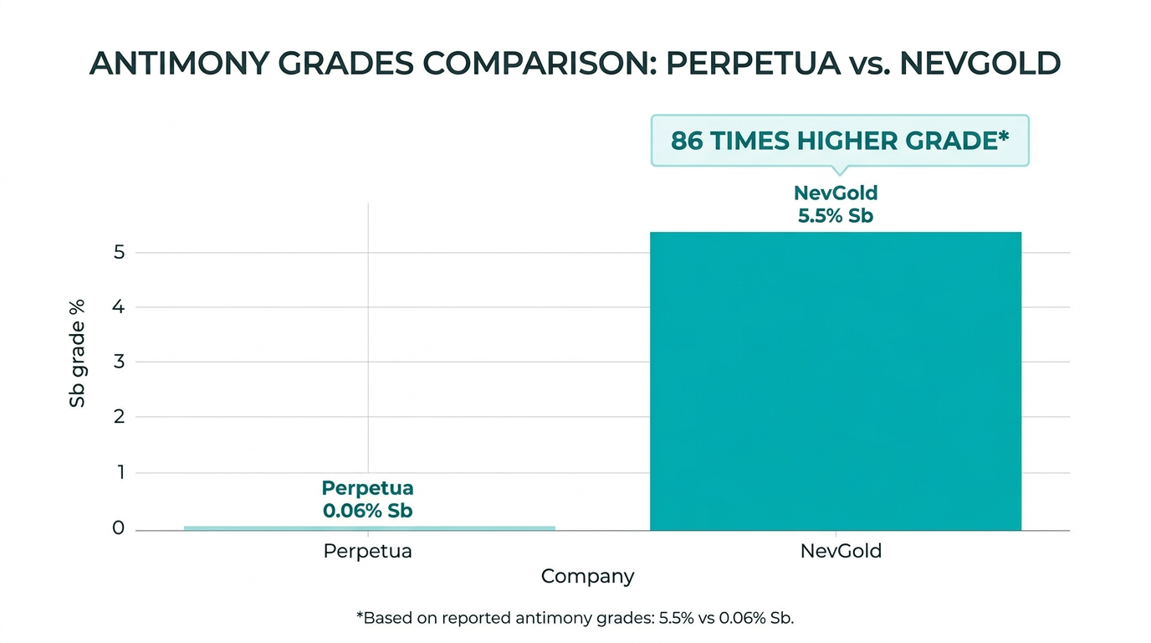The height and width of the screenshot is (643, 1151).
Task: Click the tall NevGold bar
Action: click(835, 381)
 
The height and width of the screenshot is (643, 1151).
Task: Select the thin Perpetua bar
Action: click(369, 527)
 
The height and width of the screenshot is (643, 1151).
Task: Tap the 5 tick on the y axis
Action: click(119, 252)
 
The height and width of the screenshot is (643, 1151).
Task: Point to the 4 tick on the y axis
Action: click(119, 307)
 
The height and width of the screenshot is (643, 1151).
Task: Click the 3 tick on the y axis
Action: click(119, 363)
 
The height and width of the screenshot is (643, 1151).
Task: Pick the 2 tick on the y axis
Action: click(119, 417)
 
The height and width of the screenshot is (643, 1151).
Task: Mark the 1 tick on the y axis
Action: click(119, 472)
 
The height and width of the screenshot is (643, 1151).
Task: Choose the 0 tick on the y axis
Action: click(119, 528)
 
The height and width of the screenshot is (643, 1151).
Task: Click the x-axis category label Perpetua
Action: click(367, 552)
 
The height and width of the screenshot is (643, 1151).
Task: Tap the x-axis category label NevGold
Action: click(841, 552)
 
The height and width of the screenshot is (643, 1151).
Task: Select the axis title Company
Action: click(587, 577)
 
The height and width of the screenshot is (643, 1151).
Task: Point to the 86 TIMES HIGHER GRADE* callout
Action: click(839, 141)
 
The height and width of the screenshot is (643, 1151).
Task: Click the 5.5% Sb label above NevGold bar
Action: click(835, 215)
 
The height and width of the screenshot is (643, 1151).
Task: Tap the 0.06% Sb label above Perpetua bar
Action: click(367, 510)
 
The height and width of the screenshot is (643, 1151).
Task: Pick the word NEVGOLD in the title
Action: click(980, 64)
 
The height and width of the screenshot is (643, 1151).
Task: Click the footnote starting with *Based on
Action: click(575, 619)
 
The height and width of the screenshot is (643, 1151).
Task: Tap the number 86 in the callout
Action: click(687, 141)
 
